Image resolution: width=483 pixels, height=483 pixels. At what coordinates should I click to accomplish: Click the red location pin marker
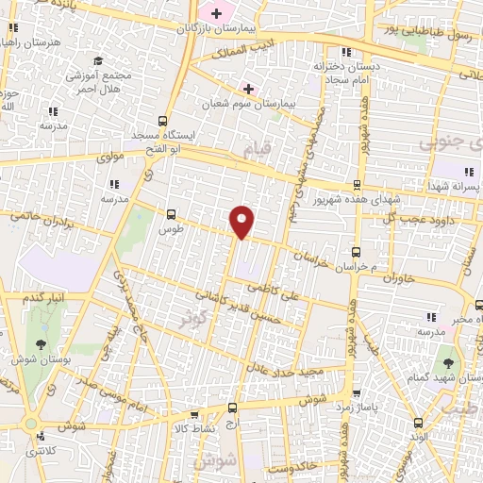click(x=242, y=221)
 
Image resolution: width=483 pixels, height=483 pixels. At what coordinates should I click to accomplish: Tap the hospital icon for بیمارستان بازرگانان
click(x=216, y=13)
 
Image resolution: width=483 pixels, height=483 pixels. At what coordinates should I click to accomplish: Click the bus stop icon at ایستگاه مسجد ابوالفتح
click(x=163, y=121)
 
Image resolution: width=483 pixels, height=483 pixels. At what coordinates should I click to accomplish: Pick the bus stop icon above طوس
click(x=171, y=215)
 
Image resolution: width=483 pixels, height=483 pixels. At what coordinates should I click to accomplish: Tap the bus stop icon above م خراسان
click(x=356, y=251)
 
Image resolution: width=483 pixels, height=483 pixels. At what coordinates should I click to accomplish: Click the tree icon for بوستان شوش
click(x=41, y=345)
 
